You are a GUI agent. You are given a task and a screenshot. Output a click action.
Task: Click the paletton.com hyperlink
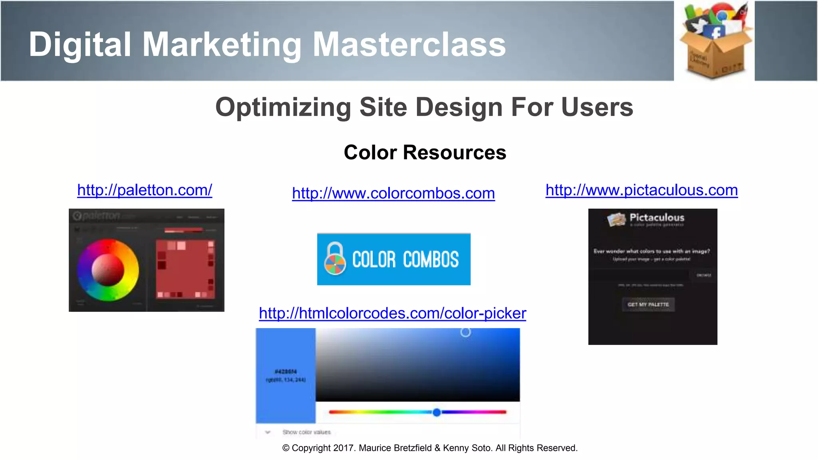click(x=145, y=190)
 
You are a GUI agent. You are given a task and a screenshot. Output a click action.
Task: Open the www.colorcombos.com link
click(x=393, y=193)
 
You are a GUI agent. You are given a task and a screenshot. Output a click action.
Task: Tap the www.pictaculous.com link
click(x=641, y=190)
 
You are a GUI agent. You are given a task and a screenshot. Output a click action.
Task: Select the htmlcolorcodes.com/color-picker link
click(x=392, y=313)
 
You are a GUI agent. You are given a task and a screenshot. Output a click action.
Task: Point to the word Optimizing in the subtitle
click(x=283, y=107)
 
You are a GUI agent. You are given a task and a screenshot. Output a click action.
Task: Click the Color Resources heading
click(x=425, y=153)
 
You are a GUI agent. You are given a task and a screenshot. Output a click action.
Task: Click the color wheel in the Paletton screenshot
click(x=108, y=270)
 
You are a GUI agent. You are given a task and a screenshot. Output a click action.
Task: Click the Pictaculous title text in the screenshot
click(x=657, y=218)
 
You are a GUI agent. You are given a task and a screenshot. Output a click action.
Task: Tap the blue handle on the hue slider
click(x=437, y=412)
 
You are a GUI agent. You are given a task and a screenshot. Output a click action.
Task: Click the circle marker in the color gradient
click(x=465, y=332)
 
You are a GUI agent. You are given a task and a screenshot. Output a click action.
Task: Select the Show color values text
click(x=306, y=432)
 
